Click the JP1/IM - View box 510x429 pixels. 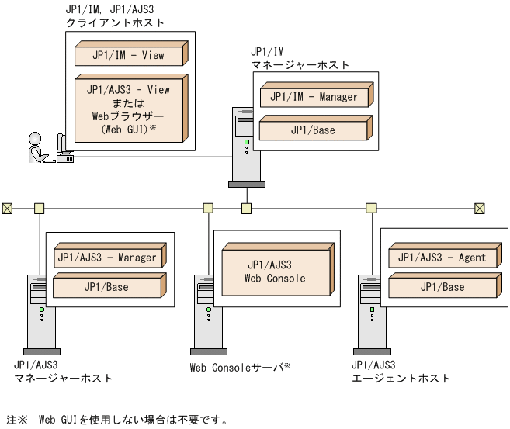pos(128,55)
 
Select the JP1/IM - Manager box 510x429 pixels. pos(314,97)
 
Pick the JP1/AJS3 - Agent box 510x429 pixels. pos(440,258)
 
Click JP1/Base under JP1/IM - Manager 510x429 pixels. pos(314,130)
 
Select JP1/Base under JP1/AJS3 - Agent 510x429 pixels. pos(440,287)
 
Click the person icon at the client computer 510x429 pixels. pos(36,147)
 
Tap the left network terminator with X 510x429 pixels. pos(8,207)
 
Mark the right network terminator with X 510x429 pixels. pos(479,207)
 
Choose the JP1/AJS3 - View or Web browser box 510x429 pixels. pos(128,109)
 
